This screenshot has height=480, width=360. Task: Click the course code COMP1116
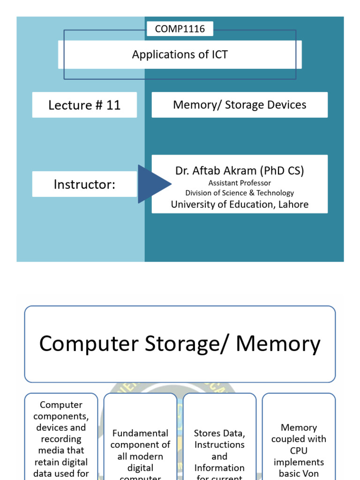click(180, 29)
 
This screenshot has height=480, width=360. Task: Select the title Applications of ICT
click(180, 54)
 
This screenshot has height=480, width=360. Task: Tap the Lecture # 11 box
click(84, 105)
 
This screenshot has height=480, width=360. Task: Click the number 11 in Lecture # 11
click(113, 105)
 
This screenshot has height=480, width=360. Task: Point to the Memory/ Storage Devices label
click(240, 105)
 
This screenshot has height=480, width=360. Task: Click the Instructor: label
click(84, 184)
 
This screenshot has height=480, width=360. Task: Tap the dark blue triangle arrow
click(153, 184)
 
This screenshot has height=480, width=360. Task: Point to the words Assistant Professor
click(240, 183)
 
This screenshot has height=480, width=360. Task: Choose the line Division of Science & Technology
click(240, 193)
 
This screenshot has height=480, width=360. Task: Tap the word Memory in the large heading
click(278, 344)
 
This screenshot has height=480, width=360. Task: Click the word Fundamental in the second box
click(140, 433)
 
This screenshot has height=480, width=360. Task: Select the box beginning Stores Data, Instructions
click(219, 450)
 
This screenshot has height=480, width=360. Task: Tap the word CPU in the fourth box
click(299, 450)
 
